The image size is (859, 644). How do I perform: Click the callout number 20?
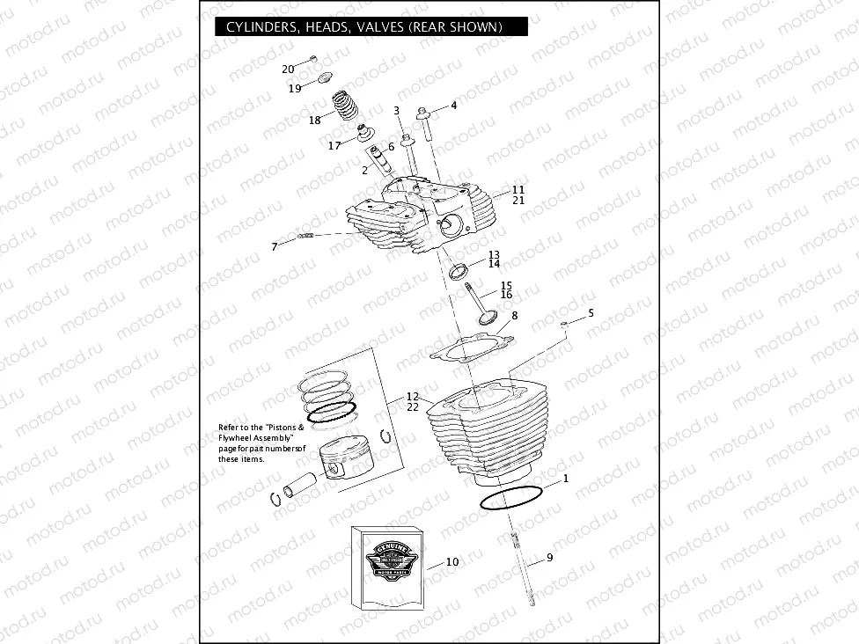point(288,69)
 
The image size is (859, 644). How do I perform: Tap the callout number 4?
point(454,106)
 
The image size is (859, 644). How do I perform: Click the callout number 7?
point(274,247)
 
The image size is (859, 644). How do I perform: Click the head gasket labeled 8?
point(471,346)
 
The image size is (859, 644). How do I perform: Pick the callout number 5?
point(591,312)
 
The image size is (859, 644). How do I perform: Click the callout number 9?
point(549,557)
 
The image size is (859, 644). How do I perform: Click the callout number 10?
point(452,561)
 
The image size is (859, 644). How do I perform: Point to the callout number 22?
point(413,406)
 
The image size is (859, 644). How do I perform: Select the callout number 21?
point(518,200)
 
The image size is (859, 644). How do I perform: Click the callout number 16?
point(506,295)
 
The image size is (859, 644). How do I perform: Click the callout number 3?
point(397,111)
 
